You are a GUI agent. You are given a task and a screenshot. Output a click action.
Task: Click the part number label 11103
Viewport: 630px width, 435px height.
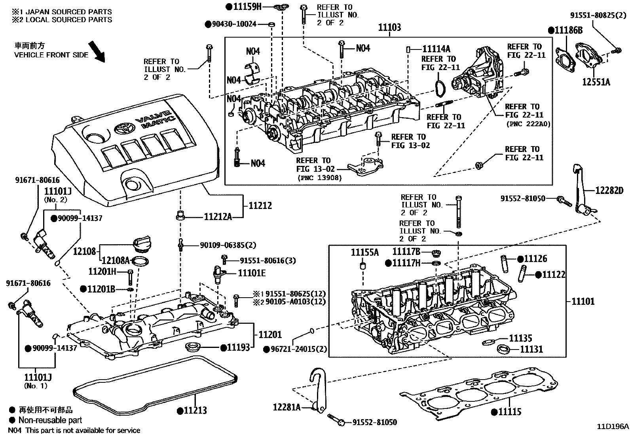389,27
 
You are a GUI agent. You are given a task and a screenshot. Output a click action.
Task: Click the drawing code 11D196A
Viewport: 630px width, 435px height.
613,427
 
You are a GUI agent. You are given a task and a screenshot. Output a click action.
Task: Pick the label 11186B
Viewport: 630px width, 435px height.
569,30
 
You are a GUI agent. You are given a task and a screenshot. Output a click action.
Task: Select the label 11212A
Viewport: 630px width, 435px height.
218,217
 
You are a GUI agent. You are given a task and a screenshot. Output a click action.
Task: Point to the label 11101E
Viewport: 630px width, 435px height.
252,273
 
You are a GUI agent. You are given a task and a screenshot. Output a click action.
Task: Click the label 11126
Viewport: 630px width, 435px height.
535,259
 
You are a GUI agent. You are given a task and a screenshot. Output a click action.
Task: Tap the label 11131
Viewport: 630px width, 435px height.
531,349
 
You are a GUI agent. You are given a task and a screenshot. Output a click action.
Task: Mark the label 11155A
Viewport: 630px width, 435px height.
364,252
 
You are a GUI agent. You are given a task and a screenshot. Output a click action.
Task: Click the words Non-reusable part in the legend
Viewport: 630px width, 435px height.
50,420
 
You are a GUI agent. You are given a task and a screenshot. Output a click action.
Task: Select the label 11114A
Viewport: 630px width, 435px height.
436,49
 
